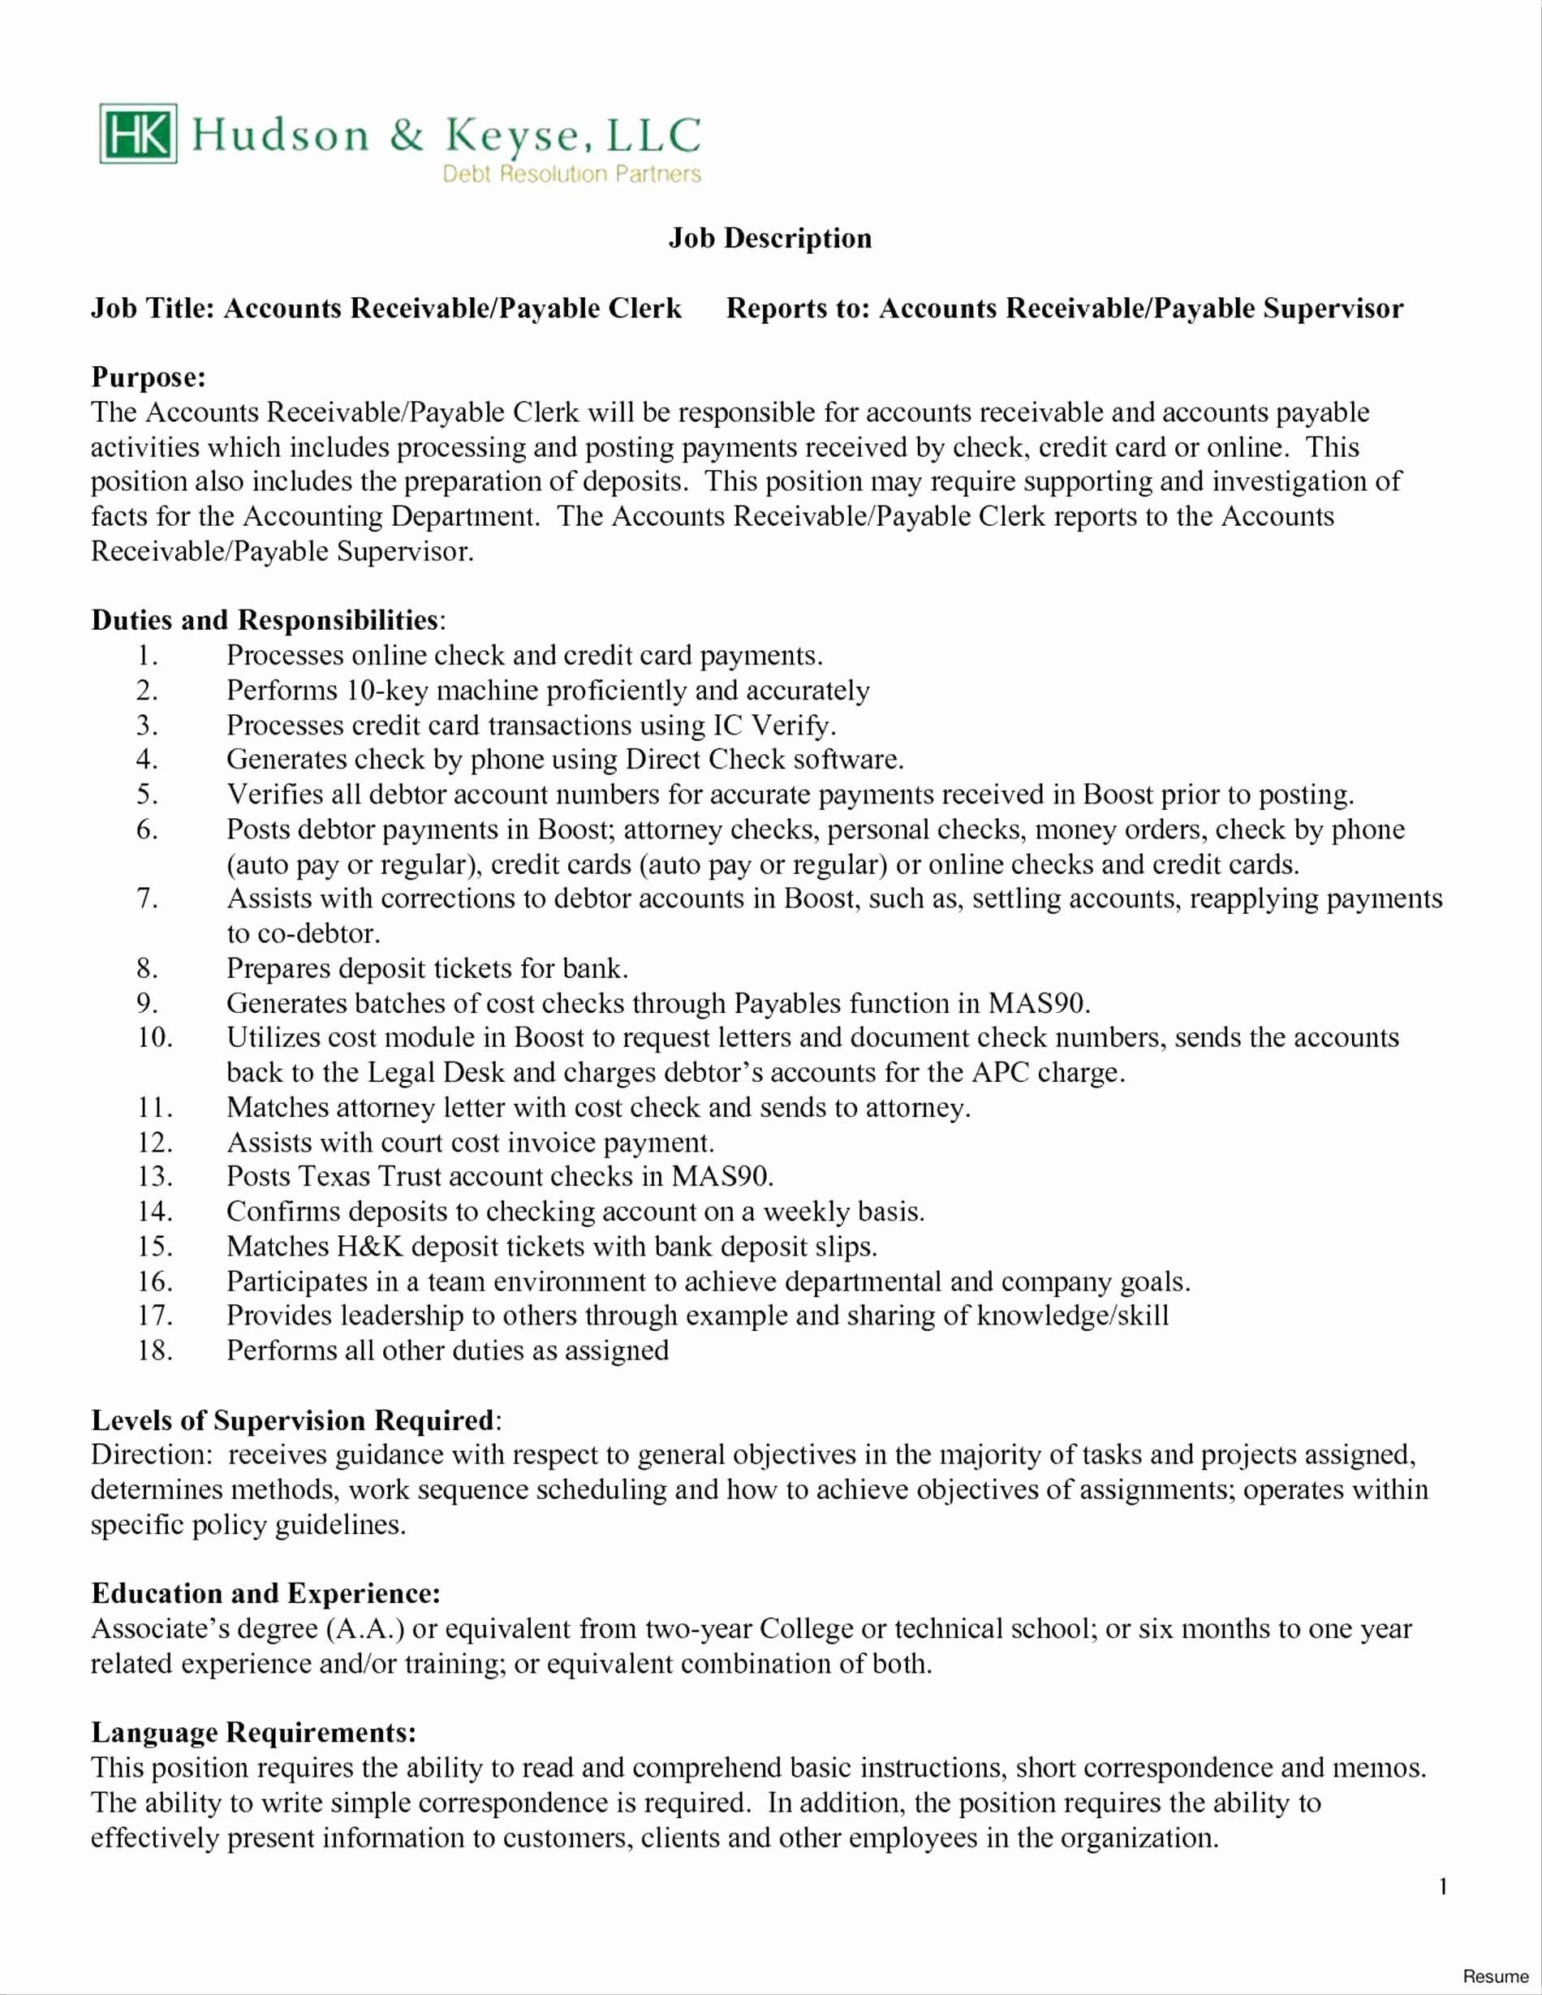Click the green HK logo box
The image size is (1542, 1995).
tap(138, 134)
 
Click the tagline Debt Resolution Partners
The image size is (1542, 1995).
tap(571, 174)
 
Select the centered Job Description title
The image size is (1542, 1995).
tap(770, 239)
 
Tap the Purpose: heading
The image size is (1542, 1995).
tap(148, 377)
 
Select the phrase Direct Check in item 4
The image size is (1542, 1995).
tap(704, 760)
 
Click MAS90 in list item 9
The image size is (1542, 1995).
tap(1038, 1004)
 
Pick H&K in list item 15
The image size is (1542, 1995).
tap(370, 1247)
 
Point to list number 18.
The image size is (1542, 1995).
tap(154, 1351)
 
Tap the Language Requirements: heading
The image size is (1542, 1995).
tap(254, 1733)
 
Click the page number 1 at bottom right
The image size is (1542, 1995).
tap(1443, 1886)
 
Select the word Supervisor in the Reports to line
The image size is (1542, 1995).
tap(1333, 308)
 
